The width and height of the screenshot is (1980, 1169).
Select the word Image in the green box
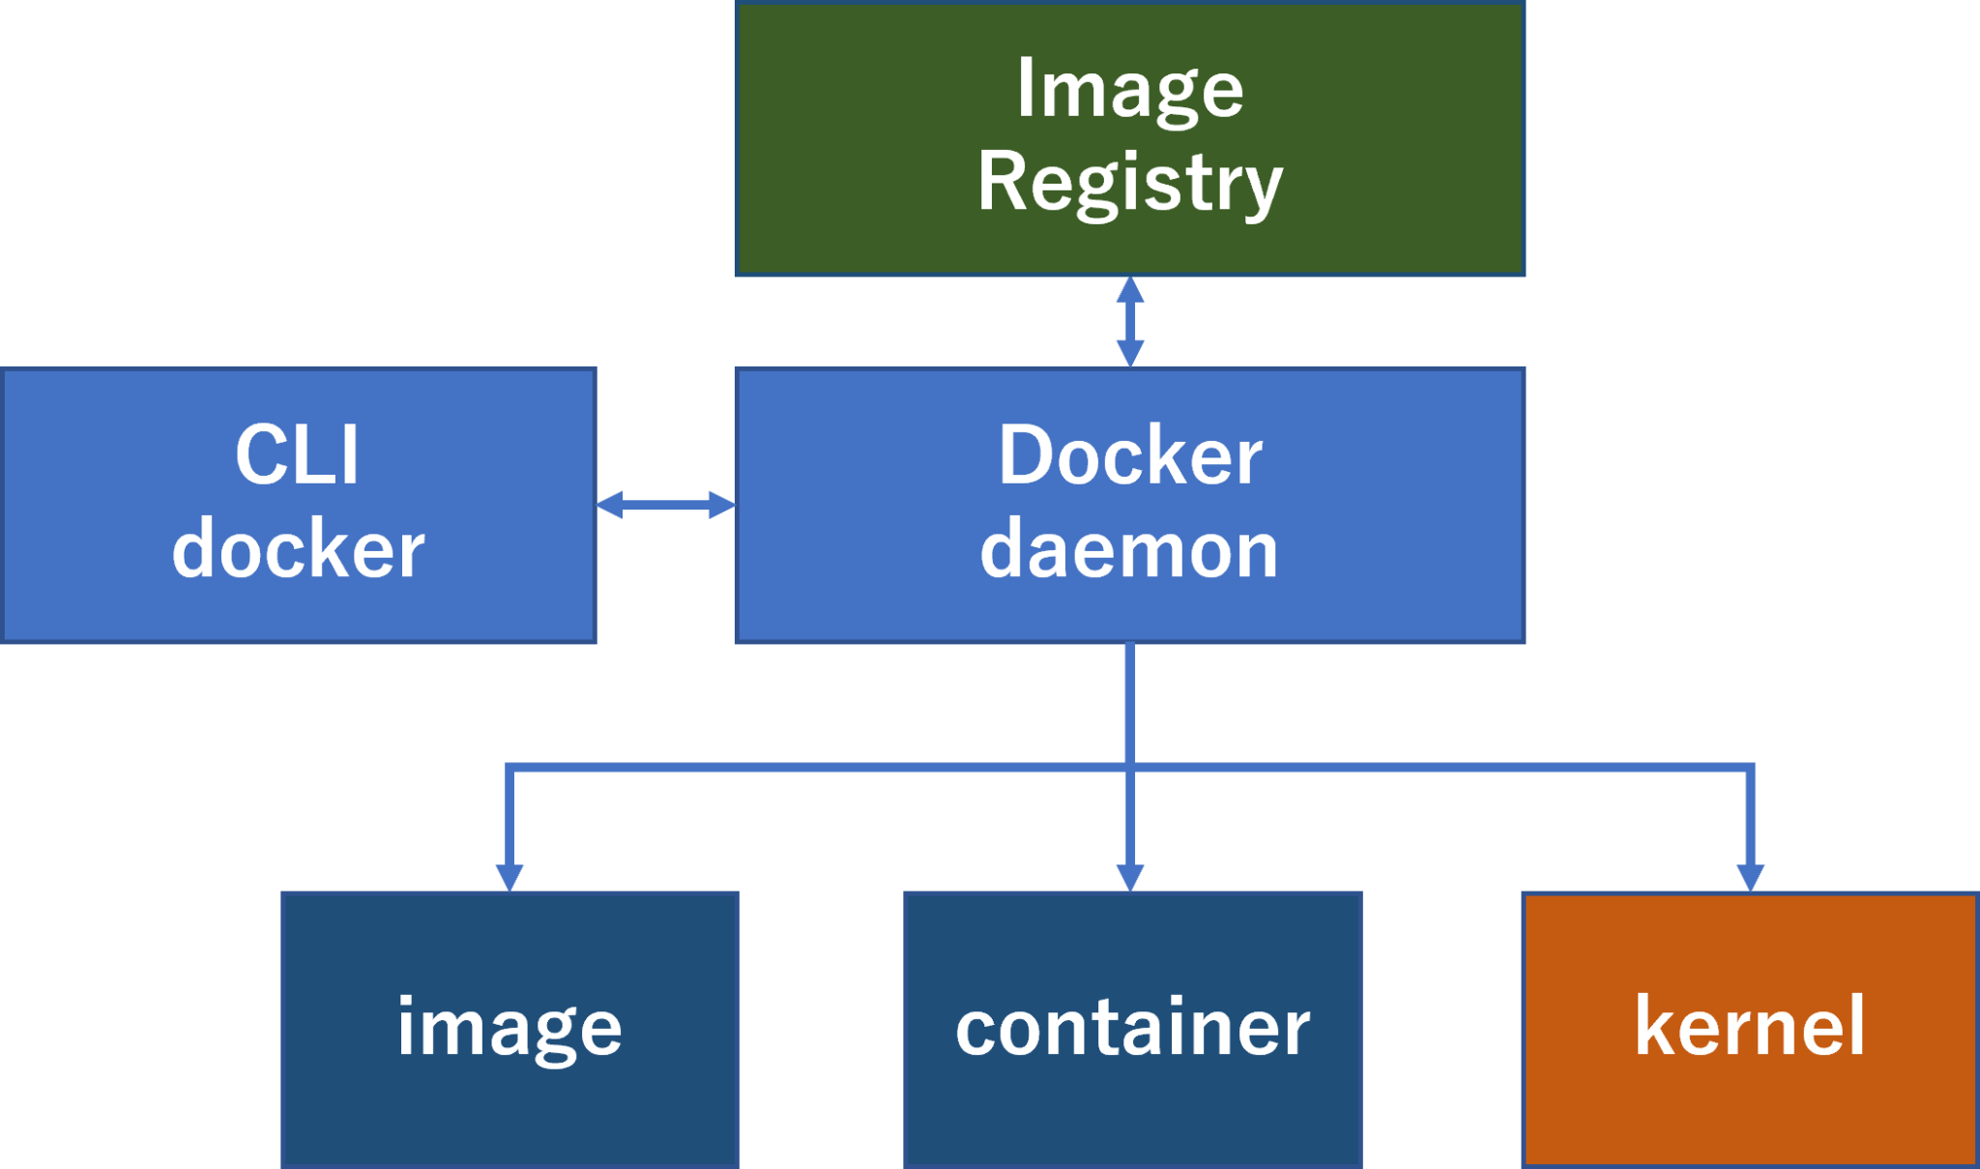pyautogui.click(x=1129, y=89)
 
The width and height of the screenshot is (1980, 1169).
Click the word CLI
pyautogui.click(x=298, y=454)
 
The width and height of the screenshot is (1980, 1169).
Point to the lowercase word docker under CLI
pyautogui.click(x=298, y=548)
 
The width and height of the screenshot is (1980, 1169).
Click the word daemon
pyautogui.click(x=1129, y=548)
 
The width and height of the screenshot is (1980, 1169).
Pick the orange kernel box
pyautogui.click(x=1750, y=1112)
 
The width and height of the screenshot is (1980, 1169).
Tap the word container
pyautogui.click(x=1132, y=1027)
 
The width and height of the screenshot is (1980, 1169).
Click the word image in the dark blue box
pyautogui.click(x=510, y=1027)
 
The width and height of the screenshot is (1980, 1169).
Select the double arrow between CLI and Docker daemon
pyautogui.click(x=665, y=504)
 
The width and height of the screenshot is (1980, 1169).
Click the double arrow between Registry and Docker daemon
pyautogui.click(x=1129, y=321)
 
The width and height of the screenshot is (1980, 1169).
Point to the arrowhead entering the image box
pyautogui.click(x=510, y=878)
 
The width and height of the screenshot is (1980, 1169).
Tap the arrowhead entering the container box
pyautogui.click(x=1129, y=878)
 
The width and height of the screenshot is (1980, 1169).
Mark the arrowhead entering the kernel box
pyautogui.click(x=1750, y=878)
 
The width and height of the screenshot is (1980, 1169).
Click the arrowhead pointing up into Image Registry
pyautogui.click(x=1129, y=289)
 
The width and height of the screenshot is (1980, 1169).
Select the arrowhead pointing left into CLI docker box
pyautogui.click(x=609, y=504)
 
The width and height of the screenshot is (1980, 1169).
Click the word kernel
pyautogui.click(x=1750, y=1027)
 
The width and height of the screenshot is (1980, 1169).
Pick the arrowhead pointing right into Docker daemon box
pyautogui.click(x=721, y=504)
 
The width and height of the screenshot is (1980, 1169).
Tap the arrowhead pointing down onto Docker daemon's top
pyautogui.click(x=1129, y=354)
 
